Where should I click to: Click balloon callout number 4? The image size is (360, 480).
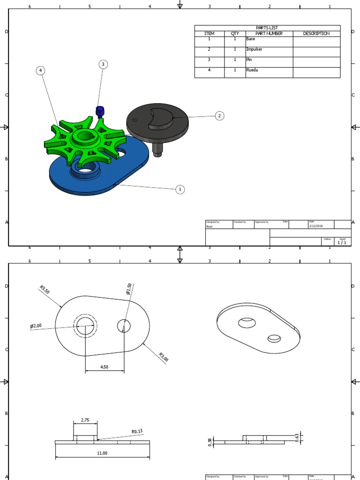click(x=41, y=70)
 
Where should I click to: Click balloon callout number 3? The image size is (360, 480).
click(x=103, y=64)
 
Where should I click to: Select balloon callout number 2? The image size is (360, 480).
click(x=219, y=116)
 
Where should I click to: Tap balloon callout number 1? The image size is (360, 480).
click(x=180, y=189)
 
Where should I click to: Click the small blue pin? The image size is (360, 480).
click(x=100, y=112)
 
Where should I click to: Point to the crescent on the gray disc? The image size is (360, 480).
click(x=160, y=118)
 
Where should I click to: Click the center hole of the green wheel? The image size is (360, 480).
click(x=85, y=136)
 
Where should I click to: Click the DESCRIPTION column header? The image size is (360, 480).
click(x=316, y=34)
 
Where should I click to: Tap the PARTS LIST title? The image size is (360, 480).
click(x=267, y=28)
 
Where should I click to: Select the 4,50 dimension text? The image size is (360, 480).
click(x=104, y=367)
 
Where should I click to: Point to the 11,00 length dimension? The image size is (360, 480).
click(x=102, y=453)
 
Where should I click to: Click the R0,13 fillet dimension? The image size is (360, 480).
click(x=137, y=432)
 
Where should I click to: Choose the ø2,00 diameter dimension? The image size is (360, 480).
click(x=36, y=326)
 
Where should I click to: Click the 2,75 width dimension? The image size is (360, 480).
click(x=85, y=420)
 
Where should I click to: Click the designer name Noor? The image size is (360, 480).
click(x=210, y=226)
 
